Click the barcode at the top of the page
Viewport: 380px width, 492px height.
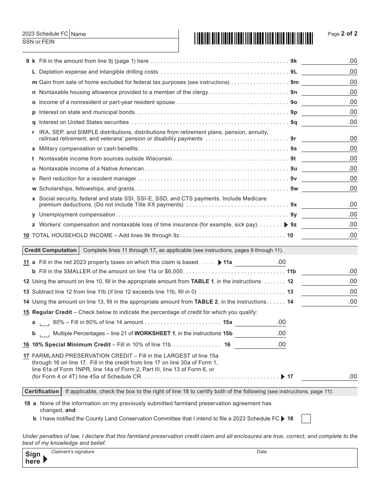click(x=254, y=38)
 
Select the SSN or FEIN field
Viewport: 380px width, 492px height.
click(x=100, y=45)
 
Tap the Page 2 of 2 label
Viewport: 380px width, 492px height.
click(x=342, y=34)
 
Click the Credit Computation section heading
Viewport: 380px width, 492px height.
click(x=50, y=250)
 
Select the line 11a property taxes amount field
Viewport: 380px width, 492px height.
click(x=260, y=262)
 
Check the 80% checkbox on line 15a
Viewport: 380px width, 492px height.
click(x=45, y=323)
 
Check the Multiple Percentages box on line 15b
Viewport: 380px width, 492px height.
click(x=45, y=334)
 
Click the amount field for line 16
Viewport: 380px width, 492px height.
click(x=260, y=344)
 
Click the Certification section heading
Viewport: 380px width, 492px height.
click(x=42, y=392)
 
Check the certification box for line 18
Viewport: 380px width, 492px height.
click(x=306, y=419)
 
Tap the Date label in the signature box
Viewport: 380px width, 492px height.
click(x=262, y=452)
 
